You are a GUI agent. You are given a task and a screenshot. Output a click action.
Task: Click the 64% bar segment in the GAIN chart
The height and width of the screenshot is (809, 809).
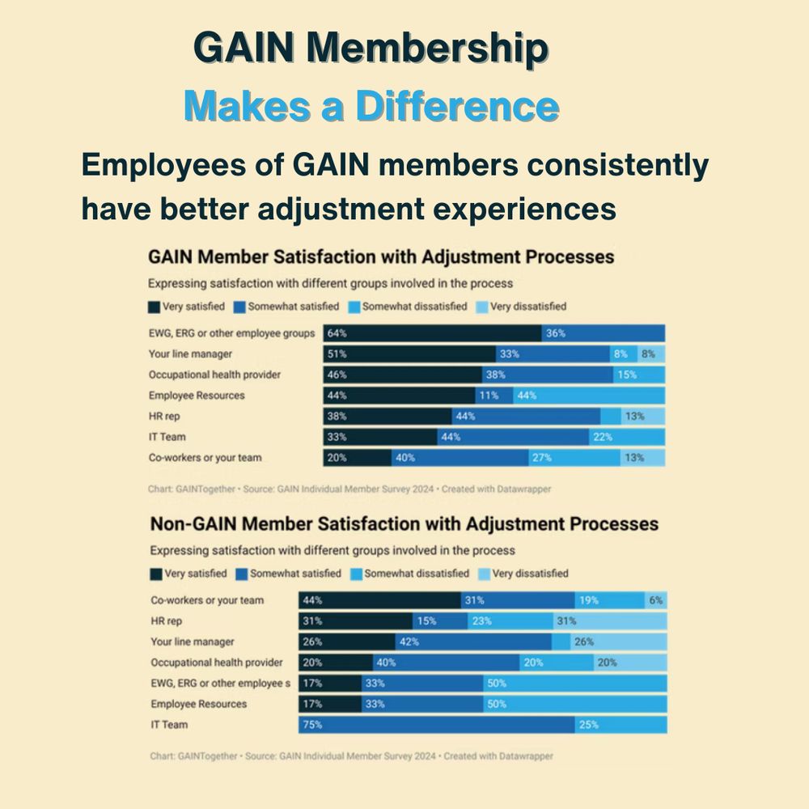433,333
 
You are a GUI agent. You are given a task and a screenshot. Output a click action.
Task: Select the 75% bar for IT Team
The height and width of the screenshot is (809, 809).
437,725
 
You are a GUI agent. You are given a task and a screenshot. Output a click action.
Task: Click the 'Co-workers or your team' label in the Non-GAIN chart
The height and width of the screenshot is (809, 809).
207,600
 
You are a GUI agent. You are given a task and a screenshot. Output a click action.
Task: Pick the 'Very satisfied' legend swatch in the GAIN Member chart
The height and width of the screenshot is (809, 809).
155,307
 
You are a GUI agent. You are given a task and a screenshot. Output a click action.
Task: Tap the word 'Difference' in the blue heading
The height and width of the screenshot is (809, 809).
456,107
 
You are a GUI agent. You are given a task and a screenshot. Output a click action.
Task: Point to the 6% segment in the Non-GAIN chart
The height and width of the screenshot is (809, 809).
656,600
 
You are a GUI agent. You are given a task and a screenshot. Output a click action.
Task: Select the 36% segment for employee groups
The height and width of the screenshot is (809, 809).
603,333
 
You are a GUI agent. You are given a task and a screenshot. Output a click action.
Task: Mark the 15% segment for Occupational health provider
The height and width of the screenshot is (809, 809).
639,375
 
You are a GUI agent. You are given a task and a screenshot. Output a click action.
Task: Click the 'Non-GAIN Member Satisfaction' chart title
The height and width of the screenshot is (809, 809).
404,524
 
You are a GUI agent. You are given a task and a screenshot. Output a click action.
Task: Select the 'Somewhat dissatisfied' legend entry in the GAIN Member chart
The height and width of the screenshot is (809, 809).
409,307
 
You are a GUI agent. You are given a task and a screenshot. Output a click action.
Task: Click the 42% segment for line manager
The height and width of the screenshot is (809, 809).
472,642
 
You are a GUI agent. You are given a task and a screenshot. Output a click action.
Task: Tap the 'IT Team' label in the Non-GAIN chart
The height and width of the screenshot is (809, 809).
169,725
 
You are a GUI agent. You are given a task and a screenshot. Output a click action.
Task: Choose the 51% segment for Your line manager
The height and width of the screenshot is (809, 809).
409,354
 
